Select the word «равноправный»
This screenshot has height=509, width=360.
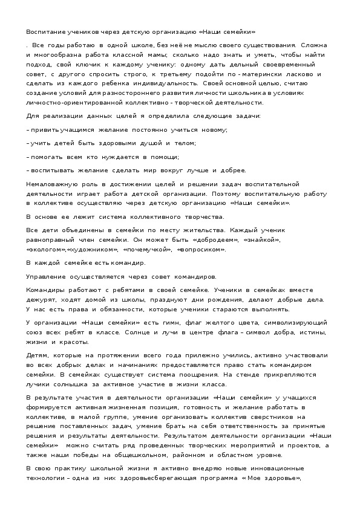click(50, 240)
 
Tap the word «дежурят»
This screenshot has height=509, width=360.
click(41, 299)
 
